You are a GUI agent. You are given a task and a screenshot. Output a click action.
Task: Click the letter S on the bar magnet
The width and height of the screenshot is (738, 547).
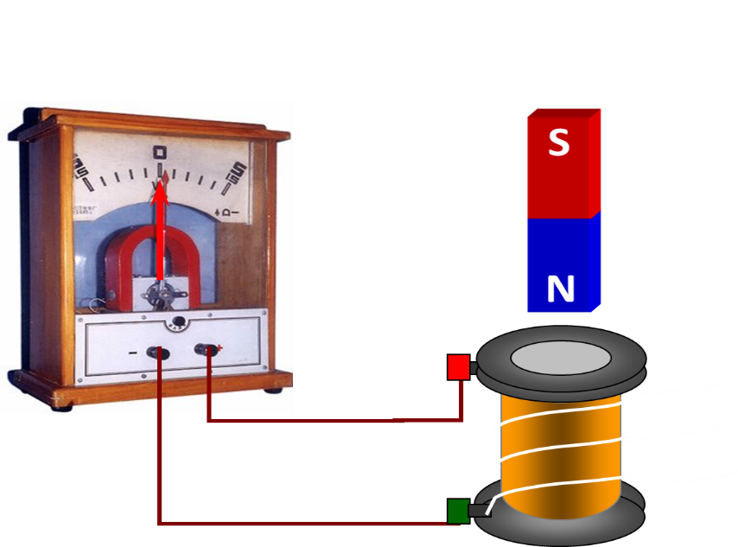(x=558, y=143)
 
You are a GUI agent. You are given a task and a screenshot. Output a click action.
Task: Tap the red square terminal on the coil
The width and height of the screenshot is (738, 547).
(x=459, y=367)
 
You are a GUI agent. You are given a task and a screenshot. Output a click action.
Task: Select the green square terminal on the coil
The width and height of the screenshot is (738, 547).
(x=458, y=511)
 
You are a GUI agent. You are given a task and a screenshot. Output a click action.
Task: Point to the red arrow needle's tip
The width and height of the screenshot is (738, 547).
(x=160, y=184)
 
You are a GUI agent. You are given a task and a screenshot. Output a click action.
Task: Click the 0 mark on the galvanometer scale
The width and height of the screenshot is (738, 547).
(x=160, y=153)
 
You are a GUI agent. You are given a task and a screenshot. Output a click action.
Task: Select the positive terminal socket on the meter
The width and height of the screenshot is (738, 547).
(x=207, y=350)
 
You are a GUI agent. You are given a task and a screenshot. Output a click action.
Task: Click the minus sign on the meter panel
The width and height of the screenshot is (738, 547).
(x=133, y=353)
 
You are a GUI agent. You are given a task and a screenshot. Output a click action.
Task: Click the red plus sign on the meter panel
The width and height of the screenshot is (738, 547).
(x=220, y=347)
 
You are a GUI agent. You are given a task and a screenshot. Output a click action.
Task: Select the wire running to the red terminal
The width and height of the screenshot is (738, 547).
(x=346, y=421)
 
